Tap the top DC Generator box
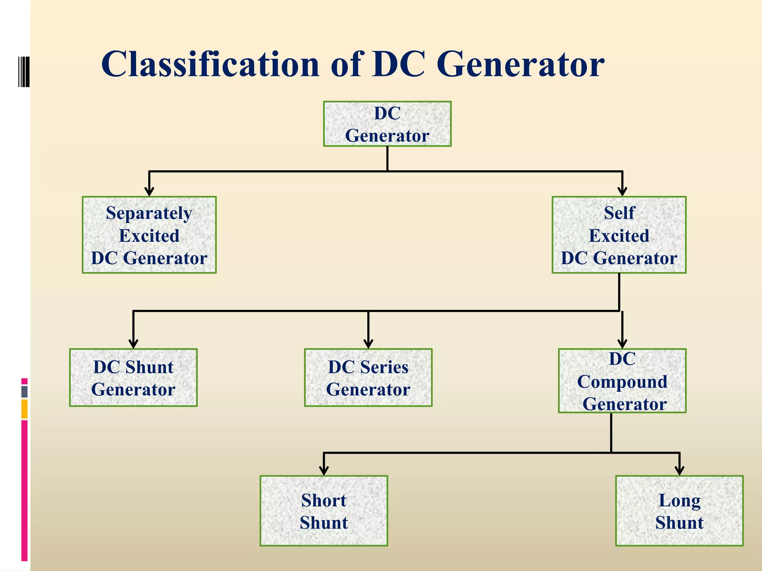pos(387,124)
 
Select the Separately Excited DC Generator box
pos(149,235)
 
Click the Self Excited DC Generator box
pos(619,235)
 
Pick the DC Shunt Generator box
pos(133,377)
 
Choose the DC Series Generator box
pos(368,377)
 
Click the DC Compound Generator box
pos(622,381)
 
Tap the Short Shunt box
pos(324,511)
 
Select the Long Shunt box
pos(679,511)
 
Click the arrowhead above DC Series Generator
pos(368,343)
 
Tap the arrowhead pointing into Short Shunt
pos(324,470)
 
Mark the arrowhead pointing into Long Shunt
pos(679,470)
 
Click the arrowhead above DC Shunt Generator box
pos(134,343)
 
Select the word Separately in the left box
pos(149,213)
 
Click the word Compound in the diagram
pos(622,382)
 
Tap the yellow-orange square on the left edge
pos(24,409)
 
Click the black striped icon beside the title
pos(24,71)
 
